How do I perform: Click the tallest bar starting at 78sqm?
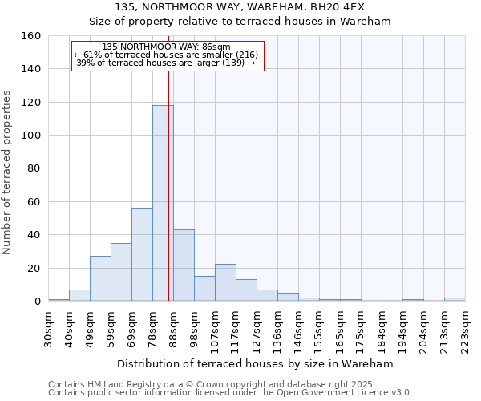[163, 203]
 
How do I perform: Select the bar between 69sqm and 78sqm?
[142, 254]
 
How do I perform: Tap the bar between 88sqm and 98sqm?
[184, 265]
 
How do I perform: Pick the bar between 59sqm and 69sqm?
[121, 272]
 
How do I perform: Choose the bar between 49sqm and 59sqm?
[100, 278]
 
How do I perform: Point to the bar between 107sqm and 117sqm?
[225, 283]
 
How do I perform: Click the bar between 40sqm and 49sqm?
[79, 295]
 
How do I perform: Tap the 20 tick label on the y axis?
[34, 269]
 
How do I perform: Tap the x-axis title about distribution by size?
[255, 363]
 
